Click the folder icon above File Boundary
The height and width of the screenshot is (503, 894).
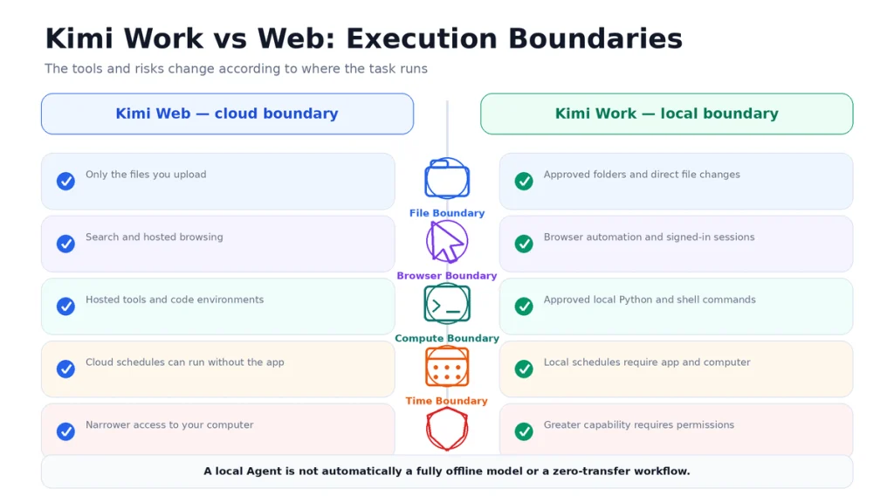click(447, 178)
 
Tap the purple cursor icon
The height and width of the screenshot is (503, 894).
click(447, 241)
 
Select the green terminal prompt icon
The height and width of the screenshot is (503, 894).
click(447, 304)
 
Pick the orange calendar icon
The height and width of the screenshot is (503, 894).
click(447, 367)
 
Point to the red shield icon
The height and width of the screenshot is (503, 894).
click(447, 429)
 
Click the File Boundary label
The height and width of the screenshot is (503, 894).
click(447, 213)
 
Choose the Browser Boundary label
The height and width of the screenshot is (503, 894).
click(447, 276)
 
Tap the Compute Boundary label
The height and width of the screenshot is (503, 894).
click(447, 339)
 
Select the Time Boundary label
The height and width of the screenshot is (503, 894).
click(447, 401)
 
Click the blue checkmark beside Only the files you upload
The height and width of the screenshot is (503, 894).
click(65, 182)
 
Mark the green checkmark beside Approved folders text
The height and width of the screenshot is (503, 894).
click(524, 182)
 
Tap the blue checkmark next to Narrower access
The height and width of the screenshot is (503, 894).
click(65, 431)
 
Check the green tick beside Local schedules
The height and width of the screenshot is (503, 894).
click(524, 369)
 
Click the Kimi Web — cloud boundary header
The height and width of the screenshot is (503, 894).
click(227, 114)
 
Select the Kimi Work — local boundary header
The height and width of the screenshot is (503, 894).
click(666, 114)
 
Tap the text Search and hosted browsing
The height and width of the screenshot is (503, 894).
click(154, 238)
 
